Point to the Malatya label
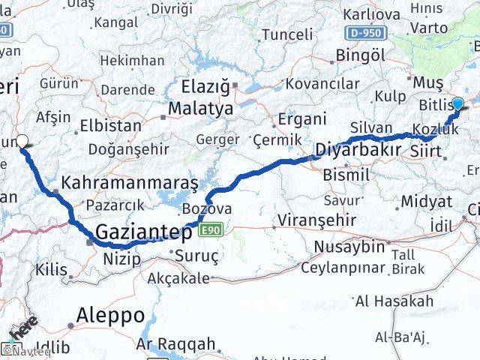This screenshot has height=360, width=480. (x=200, y=108)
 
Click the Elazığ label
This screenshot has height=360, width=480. (x=205, y=87)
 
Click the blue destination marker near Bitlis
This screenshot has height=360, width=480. (x=457, y=106)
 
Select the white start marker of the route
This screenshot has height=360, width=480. (x=22, y=140)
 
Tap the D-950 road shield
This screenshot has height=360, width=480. (x=365, y=32)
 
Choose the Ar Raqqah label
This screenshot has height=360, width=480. (x=177, y=345)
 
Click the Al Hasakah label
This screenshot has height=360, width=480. (x=394, y=301)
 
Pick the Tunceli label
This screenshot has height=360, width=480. (x=286, y=34)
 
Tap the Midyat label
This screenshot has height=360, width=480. (x=426, y=201)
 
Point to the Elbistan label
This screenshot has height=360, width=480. (x=115, y=125)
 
